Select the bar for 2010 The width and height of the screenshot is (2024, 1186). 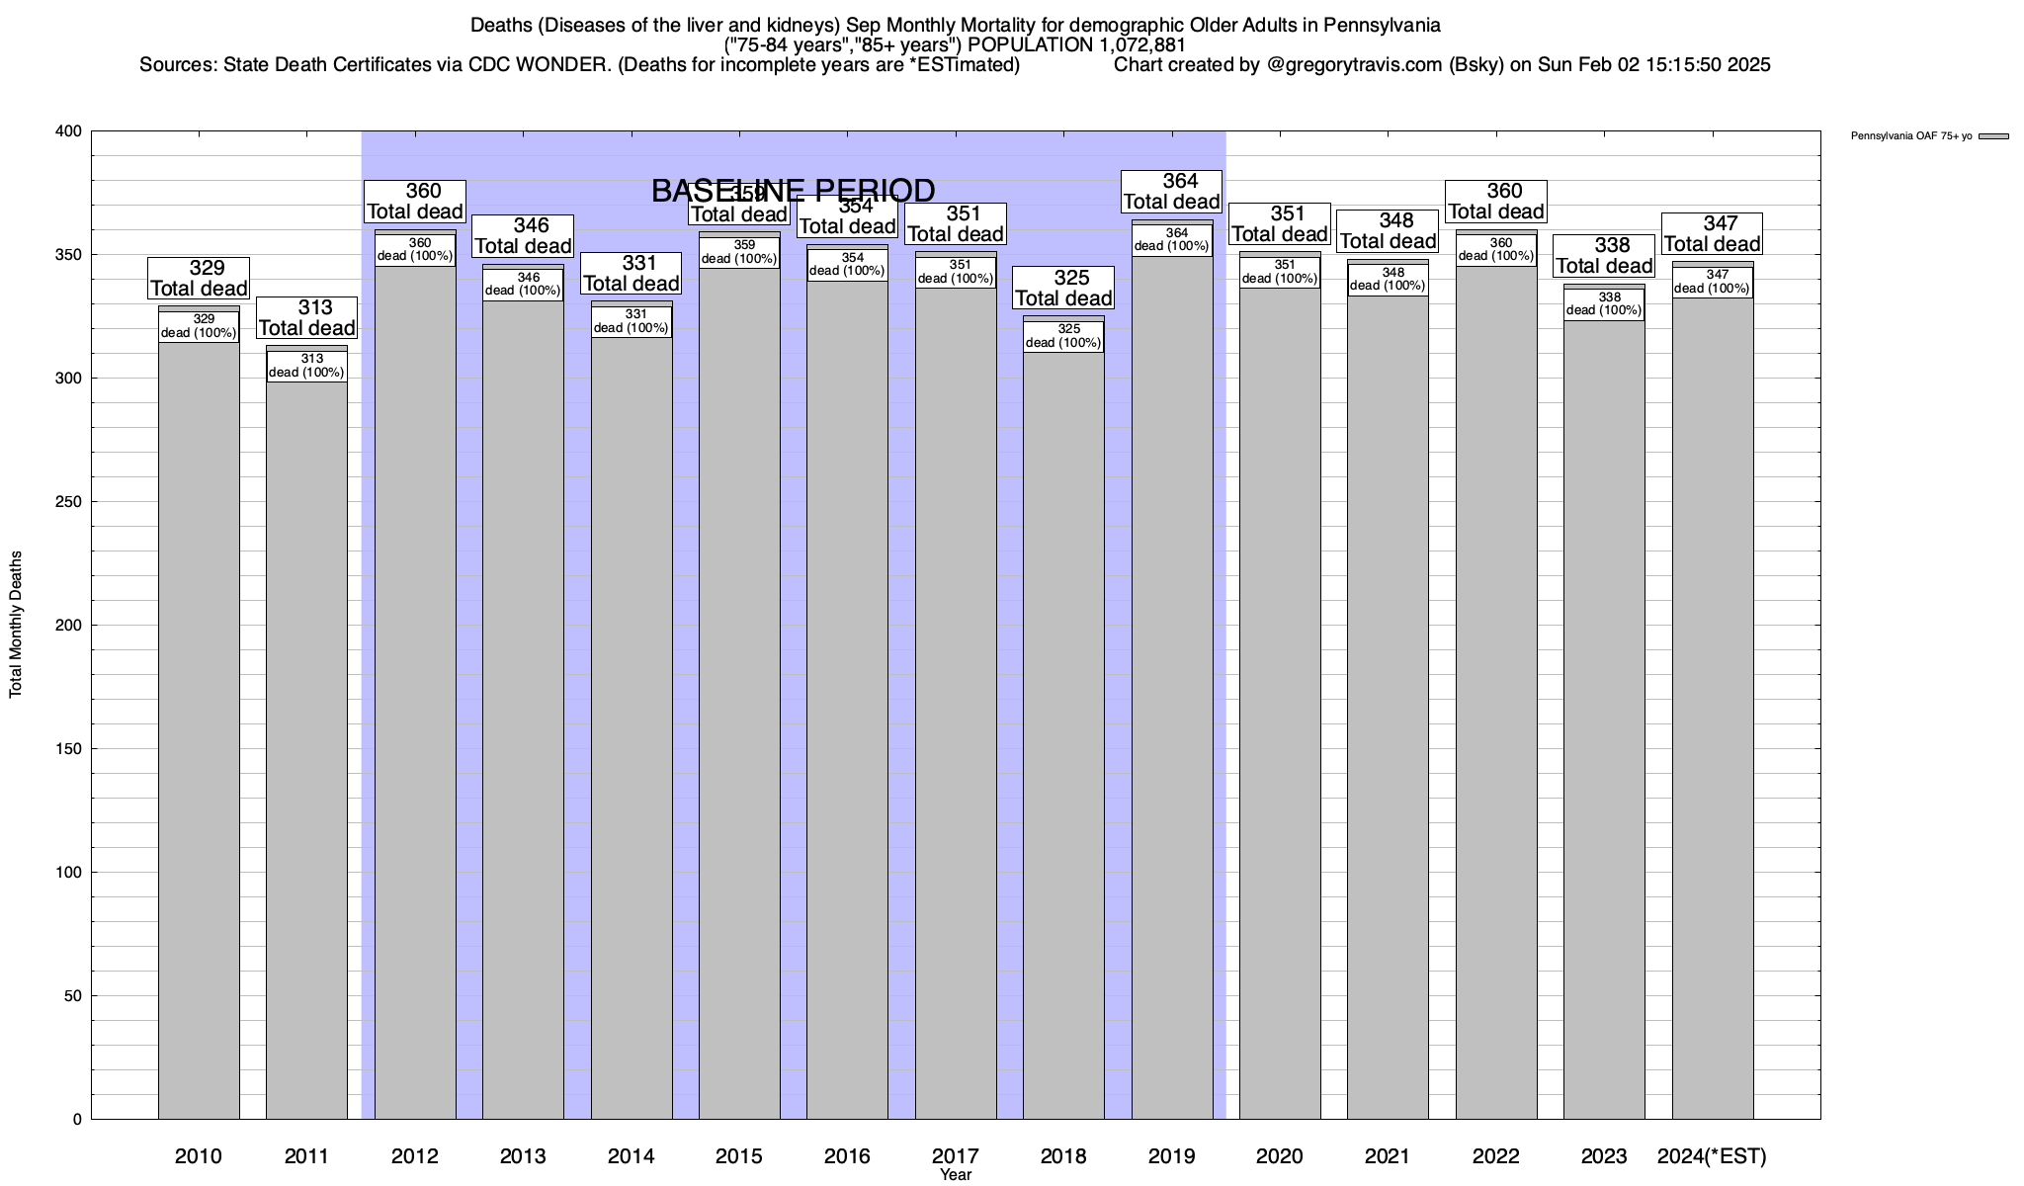199,731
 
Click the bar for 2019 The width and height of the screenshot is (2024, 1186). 1172,692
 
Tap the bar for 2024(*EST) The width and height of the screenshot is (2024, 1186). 1713,712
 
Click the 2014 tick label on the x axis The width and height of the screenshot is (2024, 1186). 632,1156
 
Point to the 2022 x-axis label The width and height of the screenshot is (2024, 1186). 1496,1156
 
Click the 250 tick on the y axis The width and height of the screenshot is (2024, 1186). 70,502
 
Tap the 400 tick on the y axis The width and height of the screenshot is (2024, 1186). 70,131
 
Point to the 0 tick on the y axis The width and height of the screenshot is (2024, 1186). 77,1120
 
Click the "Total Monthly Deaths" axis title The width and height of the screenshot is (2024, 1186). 16,625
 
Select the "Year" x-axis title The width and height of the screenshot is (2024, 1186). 956,1175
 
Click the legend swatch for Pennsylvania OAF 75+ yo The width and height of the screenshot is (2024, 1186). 1993,136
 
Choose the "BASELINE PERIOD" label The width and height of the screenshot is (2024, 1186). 793,191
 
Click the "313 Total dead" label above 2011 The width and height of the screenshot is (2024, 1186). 306,318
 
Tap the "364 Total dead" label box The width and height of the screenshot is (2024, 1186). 1172,192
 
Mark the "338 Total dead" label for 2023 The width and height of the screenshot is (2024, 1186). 1604,256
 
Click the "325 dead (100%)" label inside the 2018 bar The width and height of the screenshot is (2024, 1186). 1063,336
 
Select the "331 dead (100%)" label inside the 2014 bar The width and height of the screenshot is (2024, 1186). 632,321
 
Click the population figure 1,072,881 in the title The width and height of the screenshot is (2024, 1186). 1142,45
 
